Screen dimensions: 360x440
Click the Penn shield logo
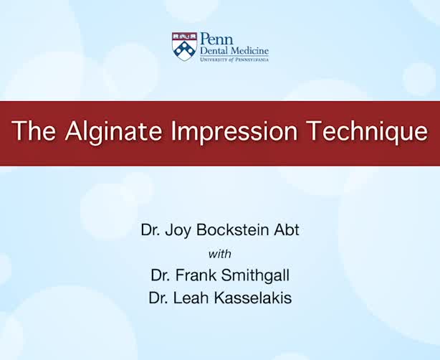coord(184,46)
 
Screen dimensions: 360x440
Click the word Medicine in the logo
coord(249,51)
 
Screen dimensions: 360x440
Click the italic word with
coord(220,254)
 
